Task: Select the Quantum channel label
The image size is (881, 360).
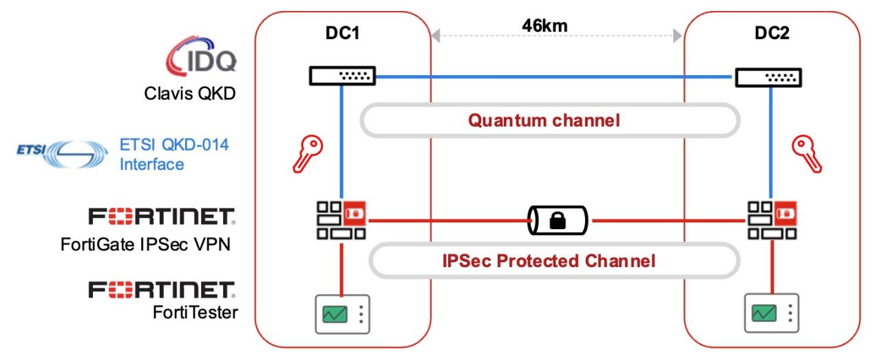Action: coord(544,120)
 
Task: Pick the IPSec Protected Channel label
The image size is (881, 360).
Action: coord(547,262)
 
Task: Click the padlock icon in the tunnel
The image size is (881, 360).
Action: coord(558,221)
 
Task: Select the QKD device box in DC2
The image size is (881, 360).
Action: coord(769,77)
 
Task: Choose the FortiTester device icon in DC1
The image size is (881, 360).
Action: coord(341,314)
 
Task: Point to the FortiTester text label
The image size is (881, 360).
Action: coord(195,313)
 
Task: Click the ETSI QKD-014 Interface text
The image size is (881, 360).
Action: coord(174,155)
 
